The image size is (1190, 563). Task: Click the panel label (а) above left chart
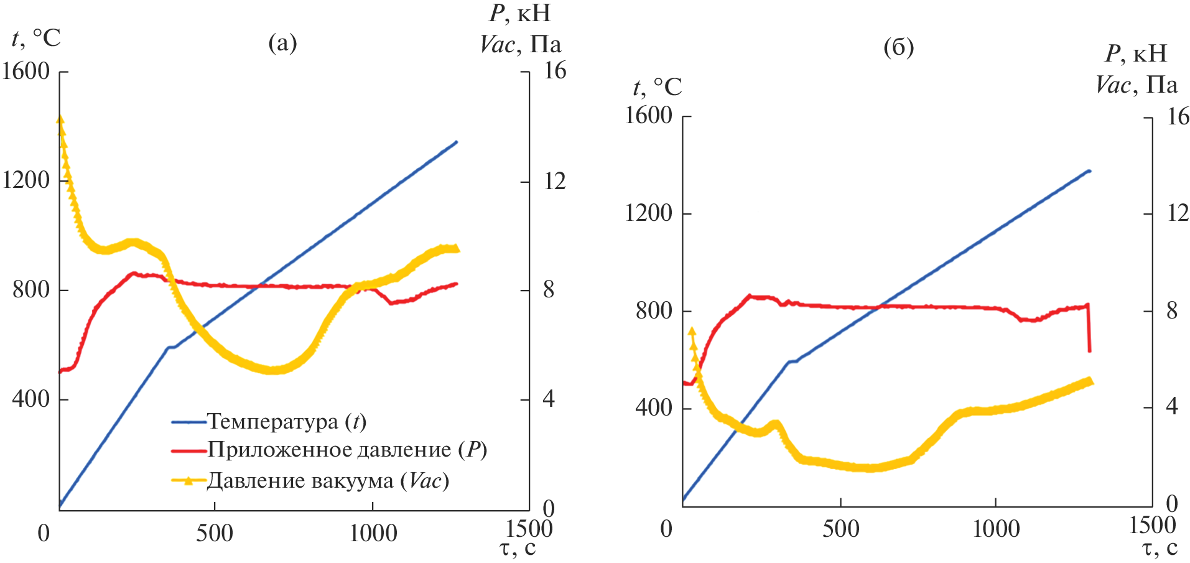(282, 43)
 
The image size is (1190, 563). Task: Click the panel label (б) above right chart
(898, 47)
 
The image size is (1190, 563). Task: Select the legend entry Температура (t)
(286, 422)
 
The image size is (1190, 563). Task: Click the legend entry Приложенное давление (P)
(346, 450)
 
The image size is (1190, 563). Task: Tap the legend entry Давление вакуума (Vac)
(328, 481)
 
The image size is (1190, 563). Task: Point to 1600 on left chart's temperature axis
(26, 72)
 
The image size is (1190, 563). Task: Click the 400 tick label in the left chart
(30, 398)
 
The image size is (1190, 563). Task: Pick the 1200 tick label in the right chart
(648, 213)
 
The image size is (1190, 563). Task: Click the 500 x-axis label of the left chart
(214, 533)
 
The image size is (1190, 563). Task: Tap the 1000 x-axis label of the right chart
(995, 529)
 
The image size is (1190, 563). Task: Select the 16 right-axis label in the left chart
(555, 72)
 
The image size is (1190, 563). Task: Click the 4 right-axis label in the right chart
(1171, 407)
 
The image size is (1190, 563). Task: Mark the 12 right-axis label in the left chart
(555, 181)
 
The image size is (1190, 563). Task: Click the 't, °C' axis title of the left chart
(36, 39)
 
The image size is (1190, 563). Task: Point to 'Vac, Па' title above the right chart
(1136, 85)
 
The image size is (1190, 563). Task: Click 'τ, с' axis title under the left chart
(518, 549)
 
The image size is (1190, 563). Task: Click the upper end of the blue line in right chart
(1089, 171)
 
